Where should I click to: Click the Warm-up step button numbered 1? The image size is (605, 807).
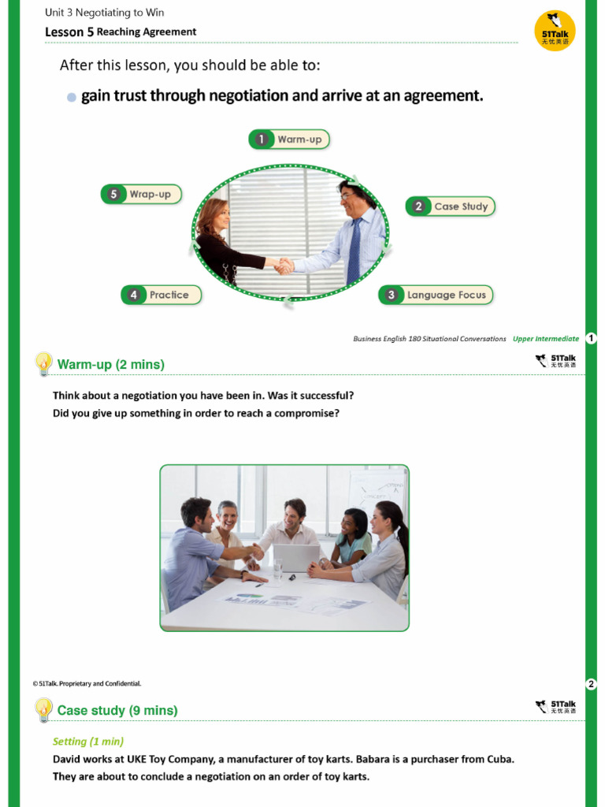[x=289, y=139]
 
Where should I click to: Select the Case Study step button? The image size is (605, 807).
[x=451, y=206]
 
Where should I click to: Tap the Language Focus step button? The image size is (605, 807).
[x=436, y=295]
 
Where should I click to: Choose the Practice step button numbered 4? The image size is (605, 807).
[x=161, y=295]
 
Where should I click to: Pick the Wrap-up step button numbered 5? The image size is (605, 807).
[x=141, y=194]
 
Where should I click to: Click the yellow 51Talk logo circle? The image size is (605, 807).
[x=555, y=31]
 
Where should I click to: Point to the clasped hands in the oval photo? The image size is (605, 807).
[x=284, y=266]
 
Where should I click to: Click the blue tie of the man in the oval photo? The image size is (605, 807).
[x=354, y=251]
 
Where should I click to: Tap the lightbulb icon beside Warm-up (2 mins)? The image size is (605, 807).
[x=43, y=364]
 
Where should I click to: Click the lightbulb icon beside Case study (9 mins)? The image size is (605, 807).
[x=43, y=709]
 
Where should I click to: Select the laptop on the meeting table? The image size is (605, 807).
[x=295, y=558]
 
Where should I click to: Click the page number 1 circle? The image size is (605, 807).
[x=591, y=339]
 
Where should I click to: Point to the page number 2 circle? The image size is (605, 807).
[x=592, y=683]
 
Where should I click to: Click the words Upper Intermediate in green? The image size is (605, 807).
[x=545, y=339]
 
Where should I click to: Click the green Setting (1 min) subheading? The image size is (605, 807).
[x=88, y=742]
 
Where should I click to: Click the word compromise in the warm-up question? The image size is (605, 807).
[x=306, y=413]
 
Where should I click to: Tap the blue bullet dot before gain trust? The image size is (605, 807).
[x=72, y=97]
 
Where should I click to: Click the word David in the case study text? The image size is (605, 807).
[x=67, y=760]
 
